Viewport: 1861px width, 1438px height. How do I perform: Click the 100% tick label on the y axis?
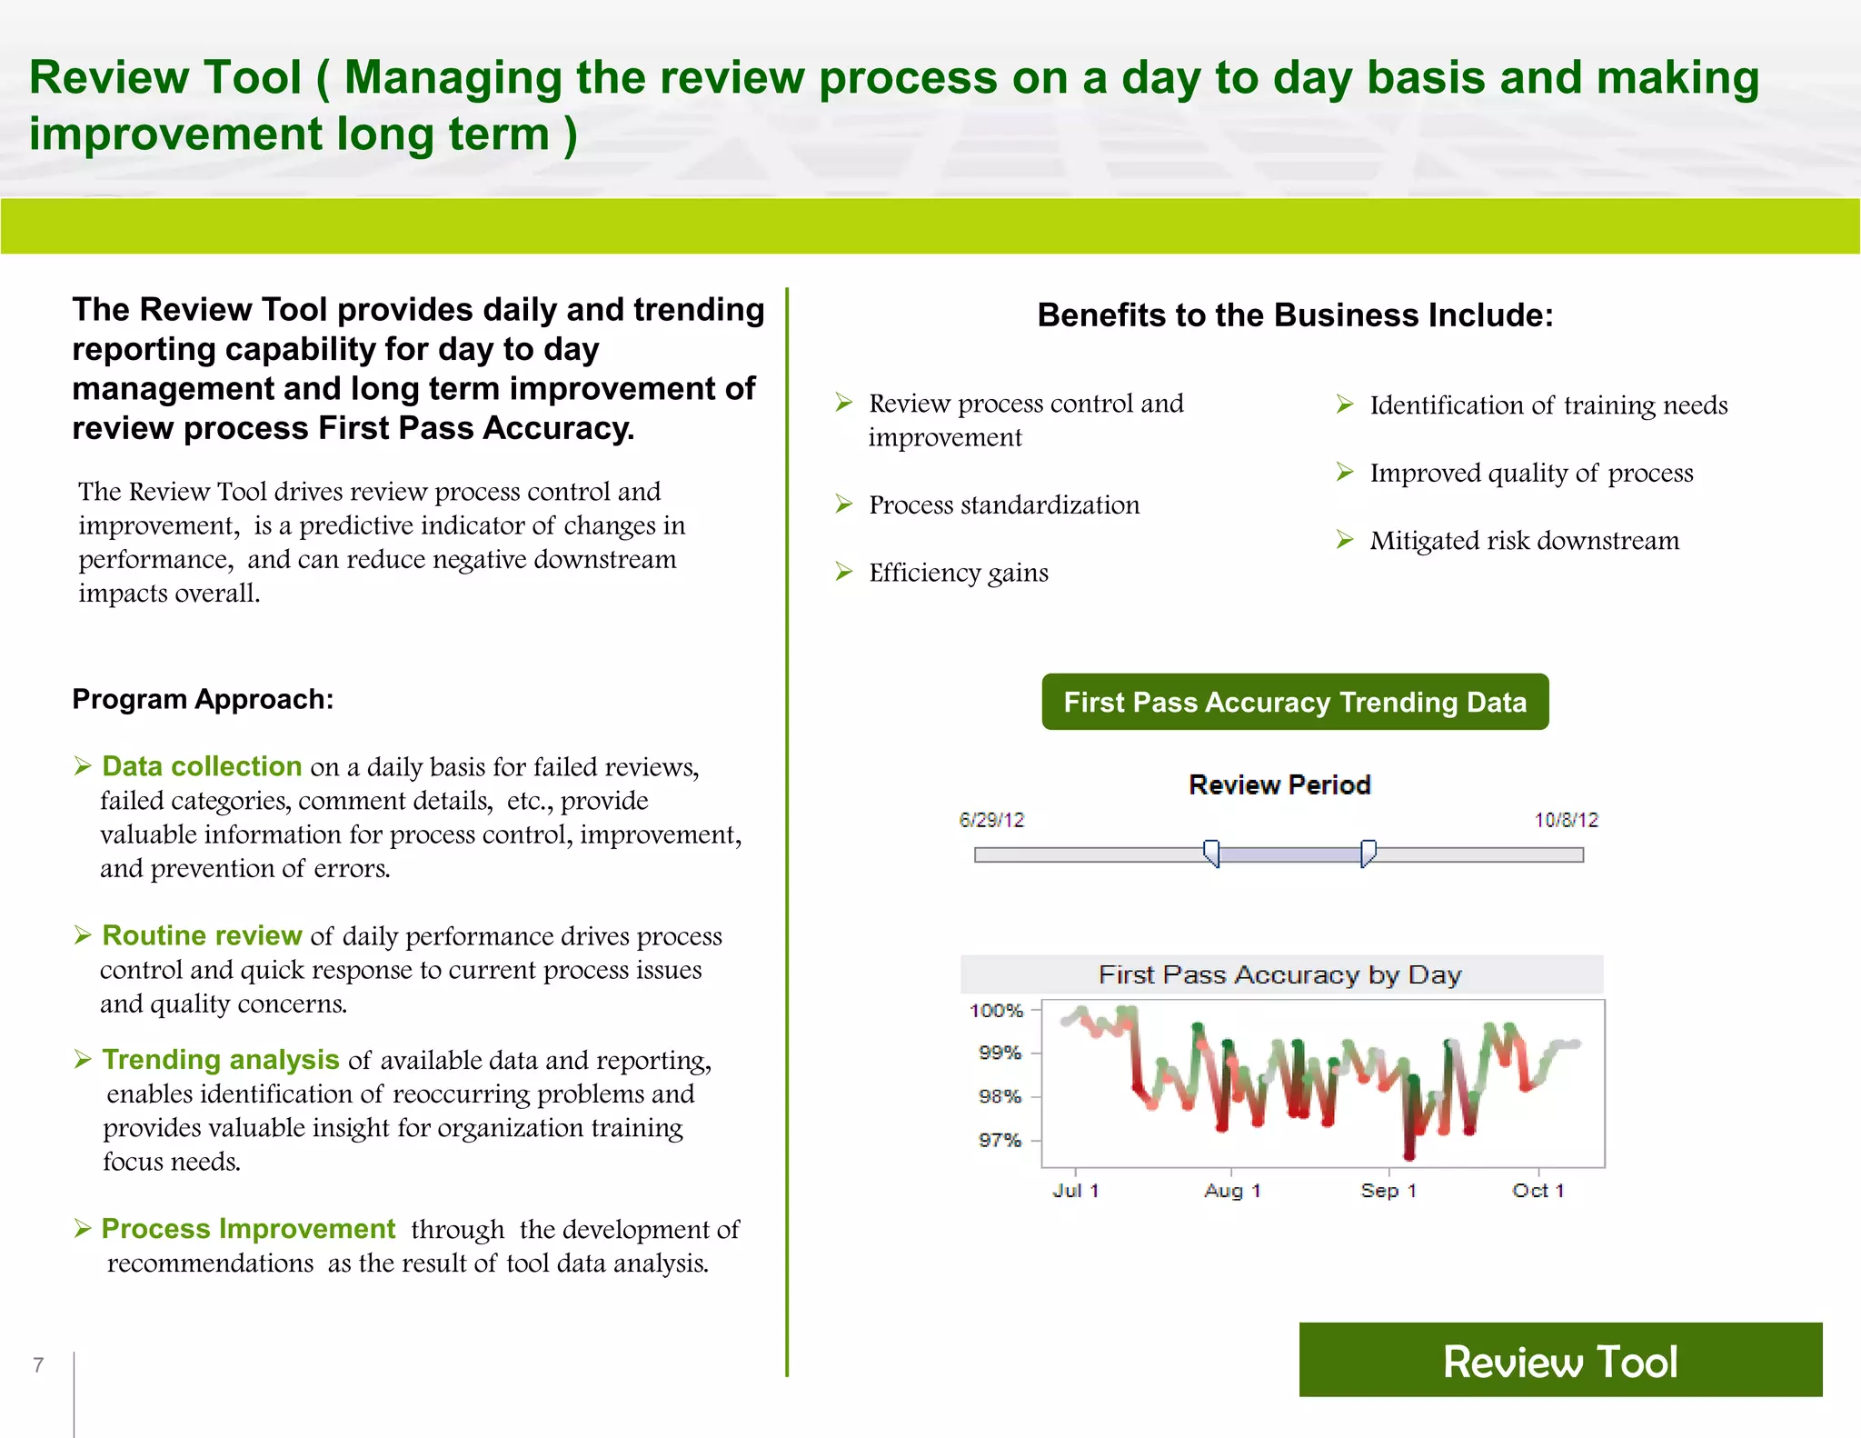(996, 1010)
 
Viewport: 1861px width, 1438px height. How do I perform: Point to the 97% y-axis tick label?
(1000, 1140)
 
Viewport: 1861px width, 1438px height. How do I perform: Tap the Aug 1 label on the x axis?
(1232, 1191)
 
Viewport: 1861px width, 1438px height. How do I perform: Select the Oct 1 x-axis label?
(1538, 1191)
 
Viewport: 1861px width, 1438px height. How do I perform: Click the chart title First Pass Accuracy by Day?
(1279, 975)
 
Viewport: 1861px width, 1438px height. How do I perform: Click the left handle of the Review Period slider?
(1211, 854)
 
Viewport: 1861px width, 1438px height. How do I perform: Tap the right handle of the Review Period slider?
(1368, 854)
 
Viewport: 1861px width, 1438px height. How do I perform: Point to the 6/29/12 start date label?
(991, 820)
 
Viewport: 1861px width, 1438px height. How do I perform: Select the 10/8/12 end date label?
(1566, 820)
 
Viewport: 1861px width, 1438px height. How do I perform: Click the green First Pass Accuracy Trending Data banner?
(1295, 702)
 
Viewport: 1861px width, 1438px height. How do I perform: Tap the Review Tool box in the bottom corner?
(1560, 1360)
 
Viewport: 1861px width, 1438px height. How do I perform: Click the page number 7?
(38, 1364)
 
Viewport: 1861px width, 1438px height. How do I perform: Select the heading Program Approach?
(203, 699)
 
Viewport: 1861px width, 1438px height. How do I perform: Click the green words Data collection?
(202, 766)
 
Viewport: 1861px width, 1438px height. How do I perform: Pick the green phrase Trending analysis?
(221, 1060)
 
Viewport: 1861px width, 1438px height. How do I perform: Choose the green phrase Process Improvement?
(248, 1229)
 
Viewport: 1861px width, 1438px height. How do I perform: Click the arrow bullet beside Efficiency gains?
(844, 572)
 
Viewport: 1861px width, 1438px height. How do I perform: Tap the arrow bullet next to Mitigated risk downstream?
(1345, 540)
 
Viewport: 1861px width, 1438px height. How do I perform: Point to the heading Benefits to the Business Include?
(1295, 315)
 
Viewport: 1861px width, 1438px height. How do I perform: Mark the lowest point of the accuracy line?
(1409, 1156)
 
